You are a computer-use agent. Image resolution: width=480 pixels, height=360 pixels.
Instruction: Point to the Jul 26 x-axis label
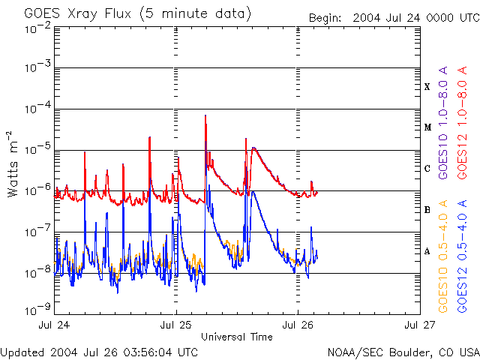297,325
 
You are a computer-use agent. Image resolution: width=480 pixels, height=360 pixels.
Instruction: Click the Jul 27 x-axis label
418,325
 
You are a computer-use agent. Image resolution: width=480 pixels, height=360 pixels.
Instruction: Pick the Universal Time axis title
236,337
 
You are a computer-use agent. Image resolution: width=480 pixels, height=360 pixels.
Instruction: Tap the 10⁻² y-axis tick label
37,28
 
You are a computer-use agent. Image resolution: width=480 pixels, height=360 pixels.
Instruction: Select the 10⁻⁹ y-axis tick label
37,308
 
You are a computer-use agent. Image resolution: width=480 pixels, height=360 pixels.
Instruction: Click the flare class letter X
427,87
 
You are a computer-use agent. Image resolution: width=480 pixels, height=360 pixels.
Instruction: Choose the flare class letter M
427,127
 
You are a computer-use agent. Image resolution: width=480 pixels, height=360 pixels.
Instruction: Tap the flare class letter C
427,169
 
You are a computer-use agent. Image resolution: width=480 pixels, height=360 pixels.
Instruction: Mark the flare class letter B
427,210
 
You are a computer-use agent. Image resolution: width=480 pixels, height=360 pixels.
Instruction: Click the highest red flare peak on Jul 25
205,117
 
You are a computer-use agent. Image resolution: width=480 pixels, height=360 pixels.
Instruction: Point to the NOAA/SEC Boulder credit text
403,352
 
